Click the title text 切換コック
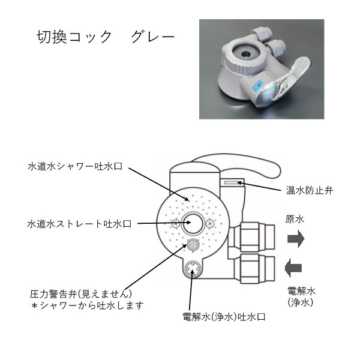tap(74, 37)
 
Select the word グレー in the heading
tap(153, 37)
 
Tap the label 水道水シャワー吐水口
tap(75, 166)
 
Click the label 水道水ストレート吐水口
tap(79, 224)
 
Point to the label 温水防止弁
tap(310, 190)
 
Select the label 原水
tap(295, 219)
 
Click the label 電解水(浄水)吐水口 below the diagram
tap(224, 317)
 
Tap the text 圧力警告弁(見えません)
tap(81, 294)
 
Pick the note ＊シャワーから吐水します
tap(88, 305)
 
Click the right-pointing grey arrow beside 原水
tap(296, 239)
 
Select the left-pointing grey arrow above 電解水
tap(293, 268)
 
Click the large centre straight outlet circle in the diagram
tap(193, 223)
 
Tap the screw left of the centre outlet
tap(176, 223)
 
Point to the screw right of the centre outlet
tap(211, 223)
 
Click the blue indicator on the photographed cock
tap(256, 87)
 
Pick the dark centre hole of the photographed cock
tap(245, 54)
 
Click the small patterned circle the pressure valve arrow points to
tap(193, 245)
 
